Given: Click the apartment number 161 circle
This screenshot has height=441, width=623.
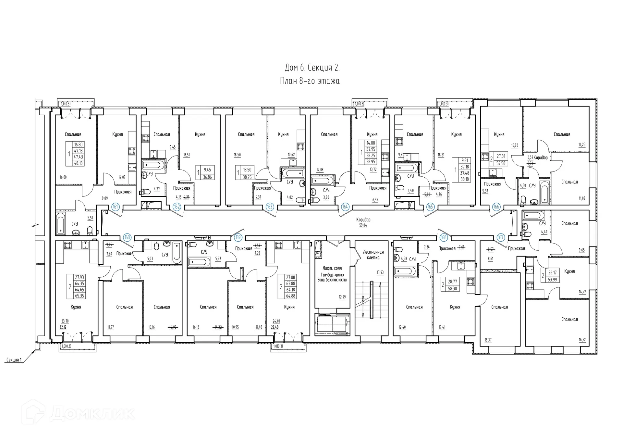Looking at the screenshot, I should coord(115,207).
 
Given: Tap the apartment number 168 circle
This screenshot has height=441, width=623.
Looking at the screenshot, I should coord(444,237).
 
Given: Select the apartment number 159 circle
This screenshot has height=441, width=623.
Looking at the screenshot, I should coord(238,237).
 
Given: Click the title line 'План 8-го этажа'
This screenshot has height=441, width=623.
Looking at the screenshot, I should coord(310,81).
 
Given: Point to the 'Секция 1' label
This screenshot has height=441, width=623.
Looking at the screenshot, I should coord(14,360).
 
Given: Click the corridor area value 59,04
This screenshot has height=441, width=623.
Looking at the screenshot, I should coord(363,225).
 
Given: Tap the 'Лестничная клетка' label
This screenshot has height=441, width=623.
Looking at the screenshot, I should coord(373,255).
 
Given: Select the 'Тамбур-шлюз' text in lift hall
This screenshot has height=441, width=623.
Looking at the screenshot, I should coord(332,274).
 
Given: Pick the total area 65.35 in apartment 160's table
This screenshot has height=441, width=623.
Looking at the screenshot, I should coord(79,296).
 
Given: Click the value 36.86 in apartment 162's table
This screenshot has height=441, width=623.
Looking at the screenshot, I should coord(207,177).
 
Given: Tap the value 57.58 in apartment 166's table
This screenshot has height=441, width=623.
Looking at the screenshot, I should coord(501,163).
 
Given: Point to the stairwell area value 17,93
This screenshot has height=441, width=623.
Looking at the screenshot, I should coord(380,272).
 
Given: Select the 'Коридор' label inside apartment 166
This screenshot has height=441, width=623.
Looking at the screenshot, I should coord(540,157).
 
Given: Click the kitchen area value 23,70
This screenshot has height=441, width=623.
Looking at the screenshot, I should coord(65,321).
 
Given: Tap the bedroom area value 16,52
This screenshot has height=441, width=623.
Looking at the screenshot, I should coord(582,340).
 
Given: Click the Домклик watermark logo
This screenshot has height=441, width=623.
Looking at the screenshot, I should coord(78,413).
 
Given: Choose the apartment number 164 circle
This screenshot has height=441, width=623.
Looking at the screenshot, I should coord(345,207).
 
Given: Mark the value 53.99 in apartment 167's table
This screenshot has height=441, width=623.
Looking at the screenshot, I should coord(553,279).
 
